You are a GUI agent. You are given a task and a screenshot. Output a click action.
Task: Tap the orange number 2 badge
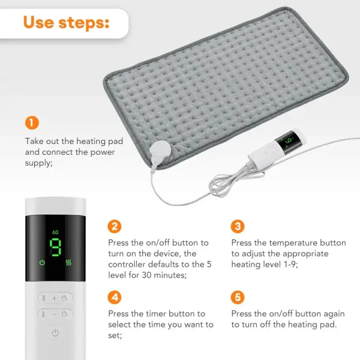(115, 226)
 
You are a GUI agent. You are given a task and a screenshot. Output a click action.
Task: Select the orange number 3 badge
(238, 226)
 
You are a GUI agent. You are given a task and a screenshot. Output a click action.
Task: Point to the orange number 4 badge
(115, 297)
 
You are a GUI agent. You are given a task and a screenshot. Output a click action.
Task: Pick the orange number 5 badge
(238, 297)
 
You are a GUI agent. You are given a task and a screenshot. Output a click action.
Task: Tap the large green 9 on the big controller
(56, 247)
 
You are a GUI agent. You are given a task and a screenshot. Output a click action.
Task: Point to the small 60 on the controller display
(55, 232)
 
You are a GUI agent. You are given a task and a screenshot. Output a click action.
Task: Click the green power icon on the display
(42, 262)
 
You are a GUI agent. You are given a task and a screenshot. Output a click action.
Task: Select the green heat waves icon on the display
(70, 262)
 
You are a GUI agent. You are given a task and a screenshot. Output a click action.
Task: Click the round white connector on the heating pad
(161, 148)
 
